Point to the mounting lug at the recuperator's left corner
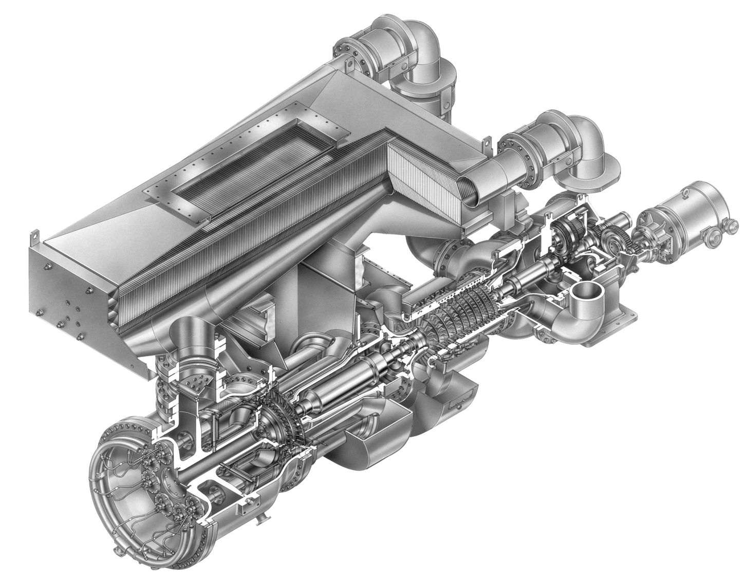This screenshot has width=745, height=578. click(x=34, y=237)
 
